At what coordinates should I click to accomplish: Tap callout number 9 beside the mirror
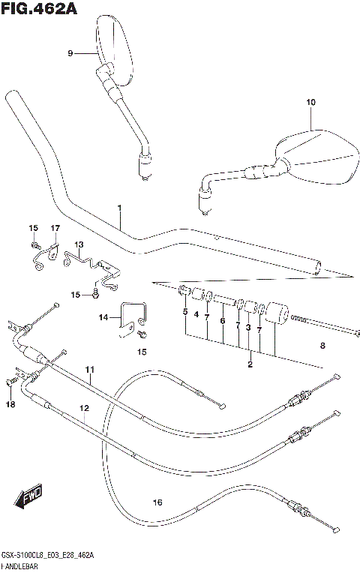pyautogui.click(x=70, y=53)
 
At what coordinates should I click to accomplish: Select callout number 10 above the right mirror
pyautogui.click(x=310, y=102)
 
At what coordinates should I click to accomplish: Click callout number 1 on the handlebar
pyautogui.click(x=118, y=208)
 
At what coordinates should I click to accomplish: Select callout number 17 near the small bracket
pyautogui.click(x=55, y=228)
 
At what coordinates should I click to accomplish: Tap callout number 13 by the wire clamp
pyautogui.click(x=79, y=244)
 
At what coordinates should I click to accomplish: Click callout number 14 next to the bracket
pyautogui.click(x=103, y=317)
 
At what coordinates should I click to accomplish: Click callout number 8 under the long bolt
pyautogui.click(x=323, y=346)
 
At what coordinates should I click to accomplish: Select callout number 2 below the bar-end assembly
pyautogui.click(x=250, y=364)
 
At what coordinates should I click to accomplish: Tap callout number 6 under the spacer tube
pyautogui.click(x=223, y=320)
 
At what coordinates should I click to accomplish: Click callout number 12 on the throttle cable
pyautogui.click(x=84, y=408)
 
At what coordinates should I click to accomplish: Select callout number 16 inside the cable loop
pyautogui.click(x=157, y=502)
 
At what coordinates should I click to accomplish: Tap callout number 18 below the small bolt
pyautogui.click(x=10, y=405)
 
